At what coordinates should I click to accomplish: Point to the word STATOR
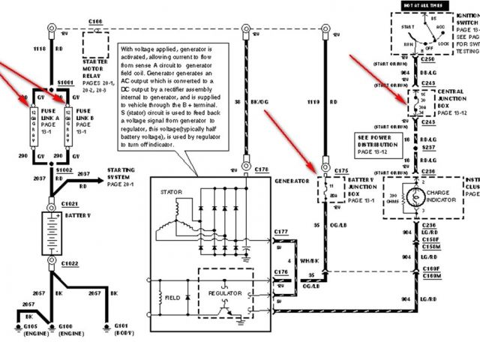(x=172, y=192)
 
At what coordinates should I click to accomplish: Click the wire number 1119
(x=313, y=100)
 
